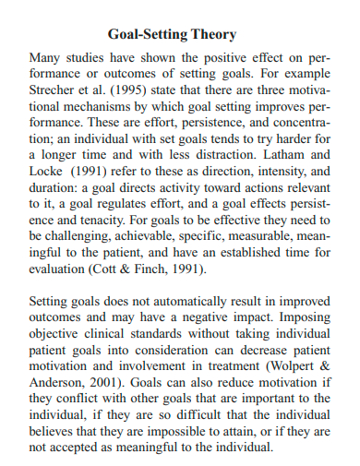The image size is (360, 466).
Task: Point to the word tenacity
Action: pos(97,221)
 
